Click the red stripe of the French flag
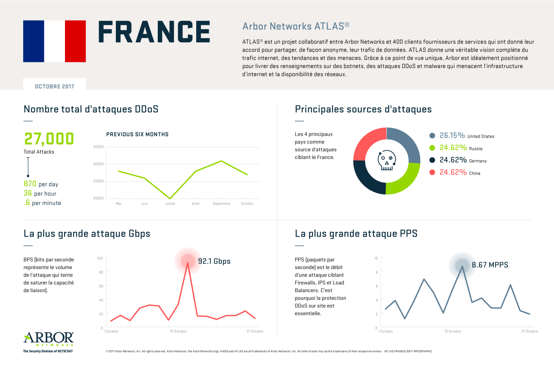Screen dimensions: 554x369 [x=75, y=41]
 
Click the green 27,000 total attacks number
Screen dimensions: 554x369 [x=49, y=138]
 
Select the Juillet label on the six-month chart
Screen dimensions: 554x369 [x=170, y=204]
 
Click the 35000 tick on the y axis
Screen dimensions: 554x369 [x=98, y=147]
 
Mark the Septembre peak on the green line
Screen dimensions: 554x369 [x=221, y=161]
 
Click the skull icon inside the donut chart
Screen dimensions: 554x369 [x=386, y=160]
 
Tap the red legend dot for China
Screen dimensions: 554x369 [x=432, y=172]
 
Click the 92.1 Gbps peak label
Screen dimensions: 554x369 [x=214, y=261]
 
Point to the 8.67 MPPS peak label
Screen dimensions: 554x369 [x=490, y=265]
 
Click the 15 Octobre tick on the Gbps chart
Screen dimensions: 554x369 [x=178, y=331]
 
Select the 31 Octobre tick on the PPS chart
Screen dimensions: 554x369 [x=530, y=331]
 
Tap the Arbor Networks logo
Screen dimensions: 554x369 [x=48, y=342]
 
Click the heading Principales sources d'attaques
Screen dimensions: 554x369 [x=363, y=109]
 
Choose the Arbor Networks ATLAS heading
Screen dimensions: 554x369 [x=296, y=26]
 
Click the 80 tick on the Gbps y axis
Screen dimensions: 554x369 [x=101, y=272]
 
